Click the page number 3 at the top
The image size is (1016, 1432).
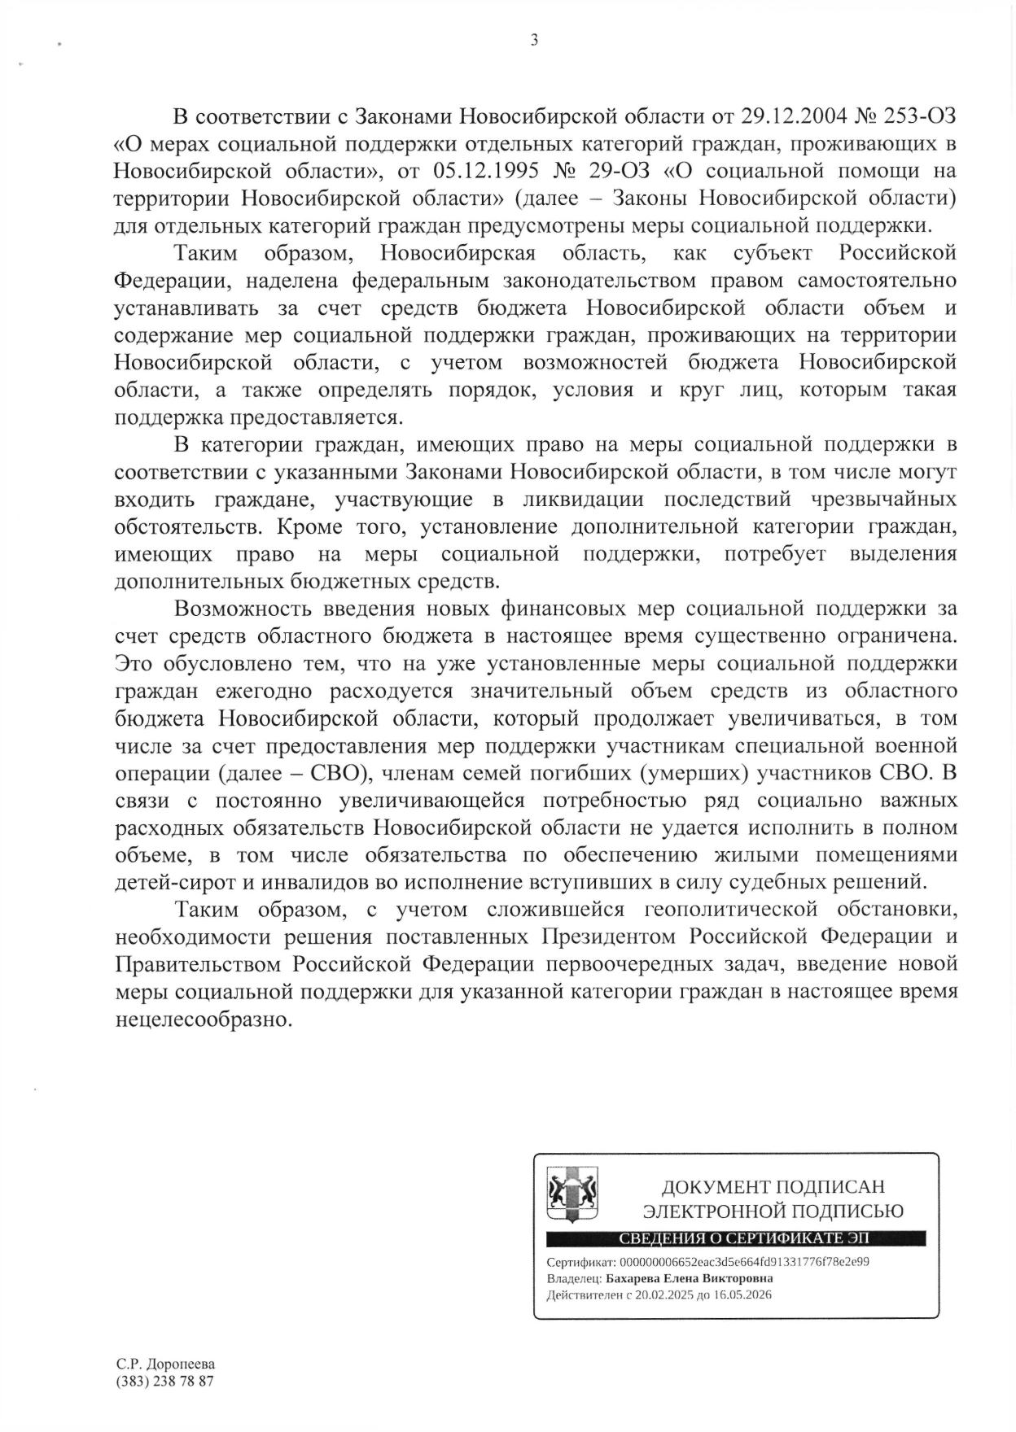pyautogui.click(x=534, y=40)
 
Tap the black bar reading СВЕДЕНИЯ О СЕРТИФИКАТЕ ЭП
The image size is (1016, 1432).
pyautogui.click(x=736, y=1239)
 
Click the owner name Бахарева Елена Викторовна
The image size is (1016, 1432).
pyautogui.click(x=690, y=1278)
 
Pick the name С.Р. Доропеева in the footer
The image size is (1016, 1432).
pyautogui.click(x=165, y=1364)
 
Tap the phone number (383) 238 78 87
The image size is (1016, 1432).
pyautogui.click(x=165, y=1381)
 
